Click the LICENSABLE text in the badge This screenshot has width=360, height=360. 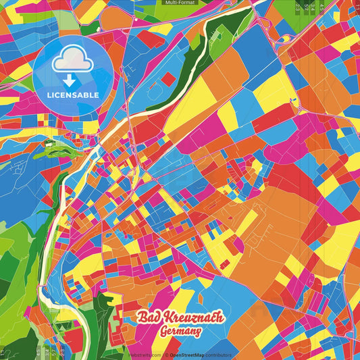(x=73, y=95)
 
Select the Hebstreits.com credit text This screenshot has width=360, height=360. (x=143, y=355)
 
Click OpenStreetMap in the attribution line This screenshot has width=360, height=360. (x=187, y=355)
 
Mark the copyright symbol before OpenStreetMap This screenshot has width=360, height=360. (x=166, y=355)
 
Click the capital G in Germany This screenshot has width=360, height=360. (x=164, y=332)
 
